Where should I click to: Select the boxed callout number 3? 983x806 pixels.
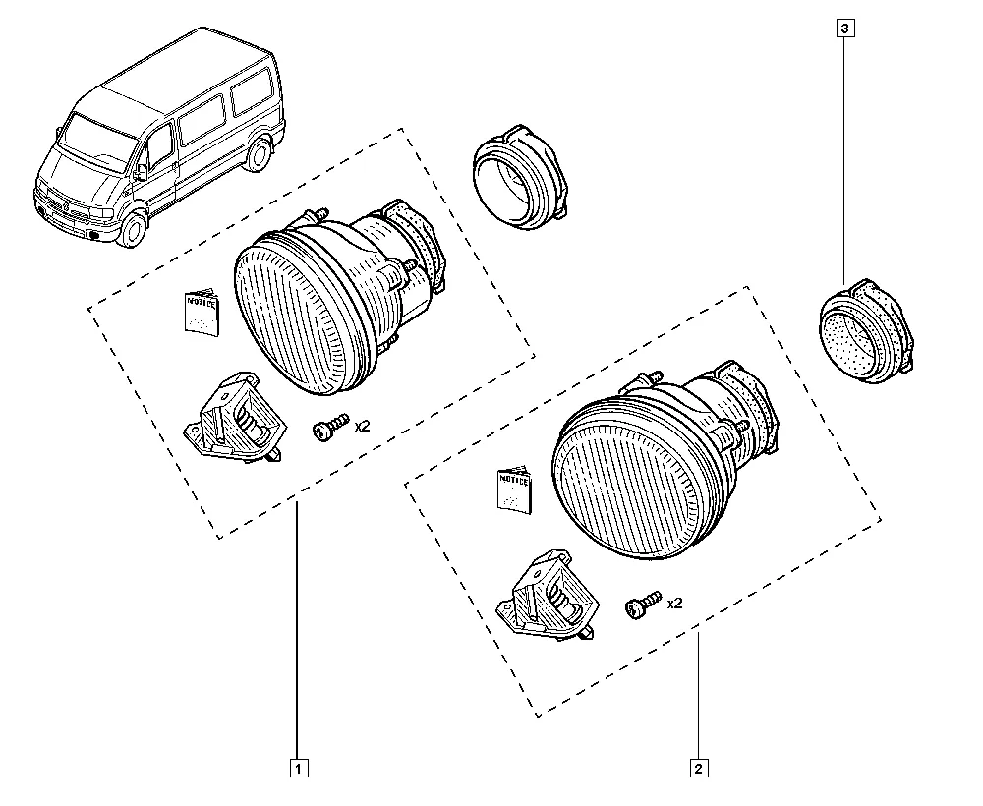tap(844, 29)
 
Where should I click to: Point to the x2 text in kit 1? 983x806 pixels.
tap(362, 426)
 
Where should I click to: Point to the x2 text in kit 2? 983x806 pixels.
tap(674, 603)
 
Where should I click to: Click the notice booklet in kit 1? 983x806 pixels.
tap(202, 312)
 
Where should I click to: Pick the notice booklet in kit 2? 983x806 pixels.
tap(514, 489)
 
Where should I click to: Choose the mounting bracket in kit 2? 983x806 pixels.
tap(546, 594)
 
